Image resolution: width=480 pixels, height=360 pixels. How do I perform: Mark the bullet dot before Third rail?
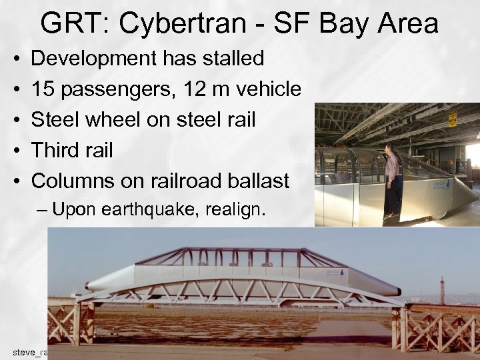click(x=15, y=151)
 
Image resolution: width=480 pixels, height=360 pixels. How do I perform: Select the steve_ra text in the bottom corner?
click(x=29, y=351)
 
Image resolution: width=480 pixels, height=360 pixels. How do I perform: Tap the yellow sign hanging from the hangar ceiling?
click(x=453, y=119)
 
